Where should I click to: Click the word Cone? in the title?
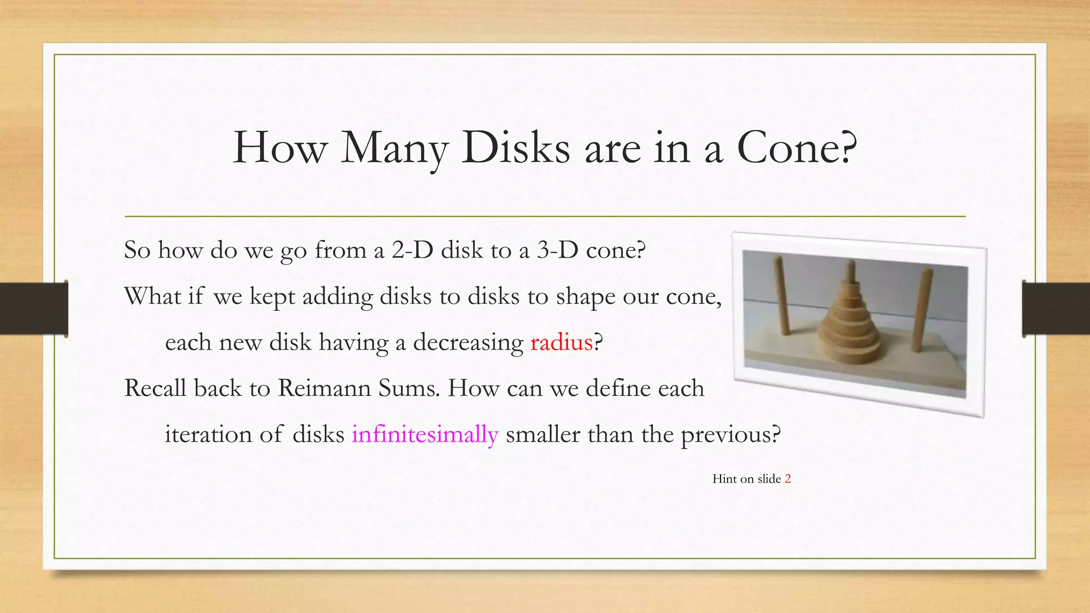797,148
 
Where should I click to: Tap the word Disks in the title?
516,148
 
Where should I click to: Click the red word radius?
561,342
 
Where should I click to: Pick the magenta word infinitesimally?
425,434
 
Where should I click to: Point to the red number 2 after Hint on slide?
788,479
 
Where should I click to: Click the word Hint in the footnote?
724,479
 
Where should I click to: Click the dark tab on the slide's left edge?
34,309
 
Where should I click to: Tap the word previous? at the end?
730,434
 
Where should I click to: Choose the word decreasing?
468,342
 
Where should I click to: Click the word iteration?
208,434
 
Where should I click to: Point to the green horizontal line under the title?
545,217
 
